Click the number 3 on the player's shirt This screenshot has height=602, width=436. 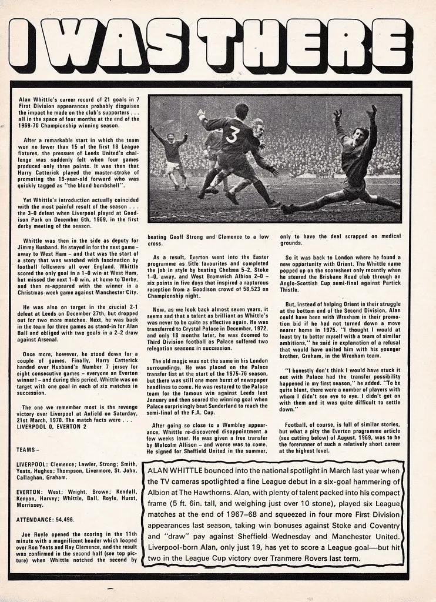tap(232, 136)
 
